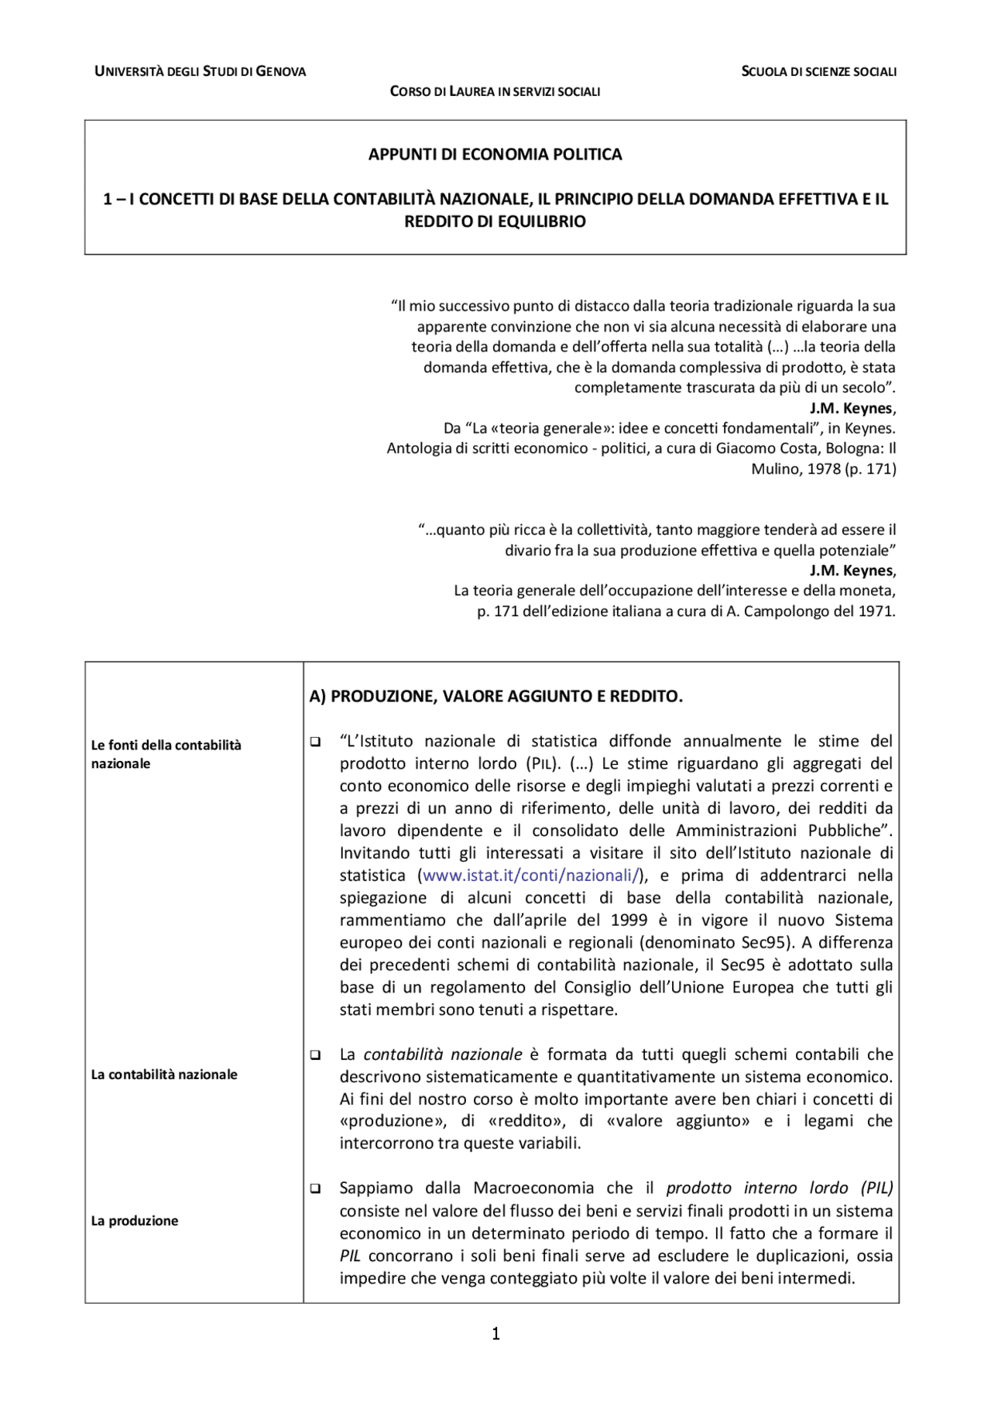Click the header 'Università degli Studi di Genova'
[200, 71]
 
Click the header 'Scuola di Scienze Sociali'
[818, 71]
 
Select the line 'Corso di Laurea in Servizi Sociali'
[495, 91]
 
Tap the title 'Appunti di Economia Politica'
[495, 154]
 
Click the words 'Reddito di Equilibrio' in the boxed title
[495, 221]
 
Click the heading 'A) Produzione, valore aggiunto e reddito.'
[495, 696]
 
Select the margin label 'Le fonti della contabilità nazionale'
[166, 753]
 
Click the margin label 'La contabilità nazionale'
[164, 1075]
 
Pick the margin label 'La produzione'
[135, 1221]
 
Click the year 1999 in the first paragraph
[629, 920]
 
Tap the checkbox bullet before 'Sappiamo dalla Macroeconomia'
[316, 1188]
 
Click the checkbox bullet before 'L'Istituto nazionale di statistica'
[316, 742]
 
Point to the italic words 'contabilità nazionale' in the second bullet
[443, 1054]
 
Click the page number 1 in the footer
[495, 1334]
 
